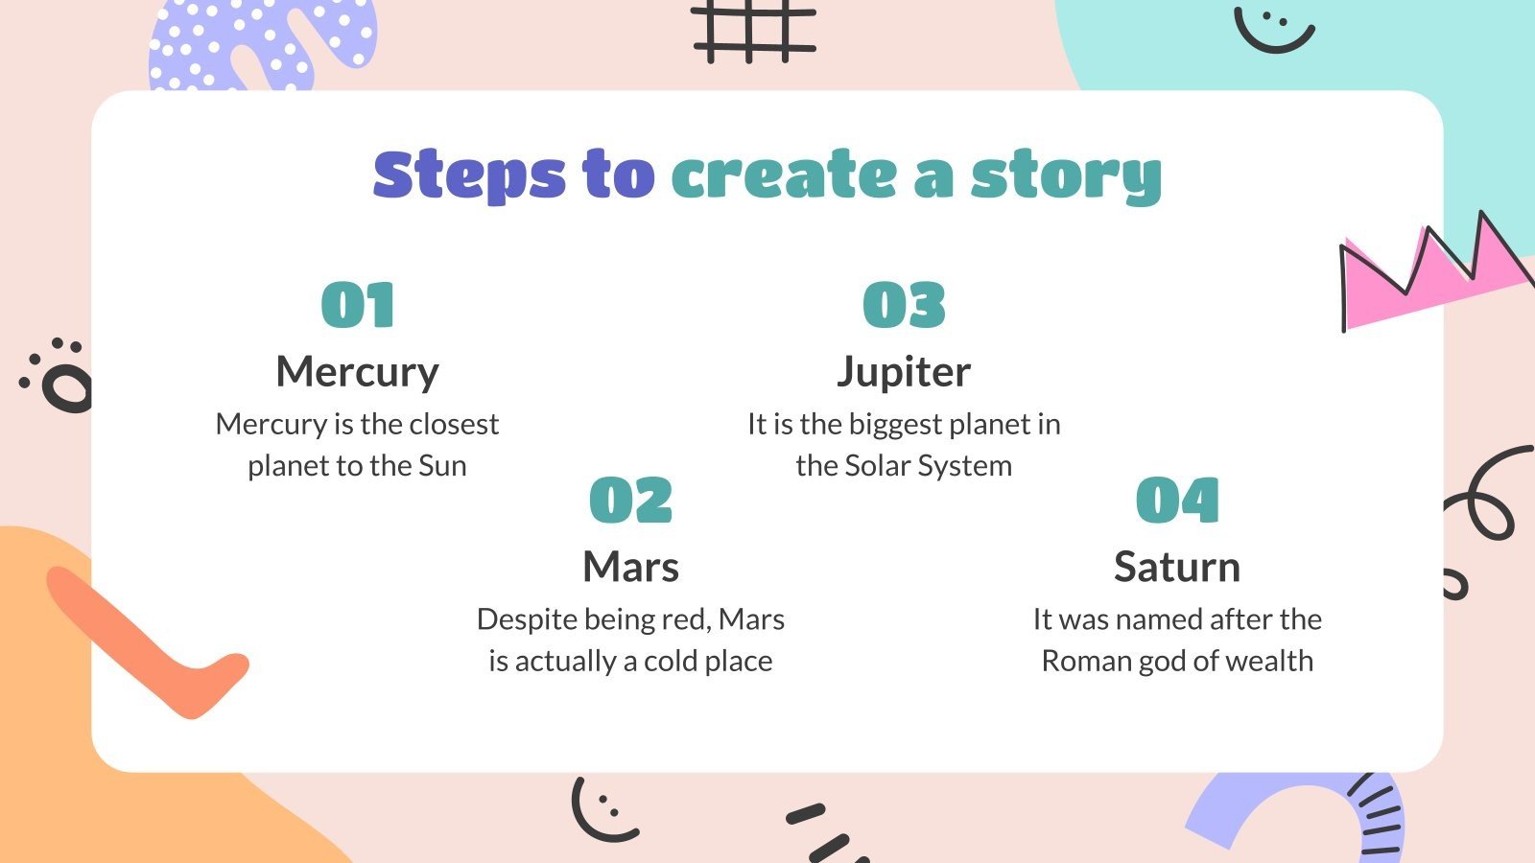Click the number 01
[357, 306]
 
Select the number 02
[630, 501]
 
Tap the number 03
[904, 306]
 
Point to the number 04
[1177, 501]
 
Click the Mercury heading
[357, 372]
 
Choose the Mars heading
[630, 567]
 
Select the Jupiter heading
[904, 372]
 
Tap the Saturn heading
[1177, 567]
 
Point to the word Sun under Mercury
[442, 466]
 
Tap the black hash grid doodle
[754, 31]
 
